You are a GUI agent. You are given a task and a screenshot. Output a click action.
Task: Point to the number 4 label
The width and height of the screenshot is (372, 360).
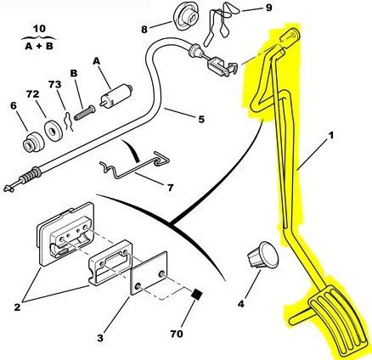click(241, 302)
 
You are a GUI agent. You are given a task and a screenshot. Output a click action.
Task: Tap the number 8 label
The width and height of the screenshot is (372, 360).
click(144, 28)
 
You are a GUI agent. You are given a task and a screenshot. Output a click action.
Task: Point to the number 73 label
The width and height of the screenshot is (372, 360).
click(55, 85)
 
